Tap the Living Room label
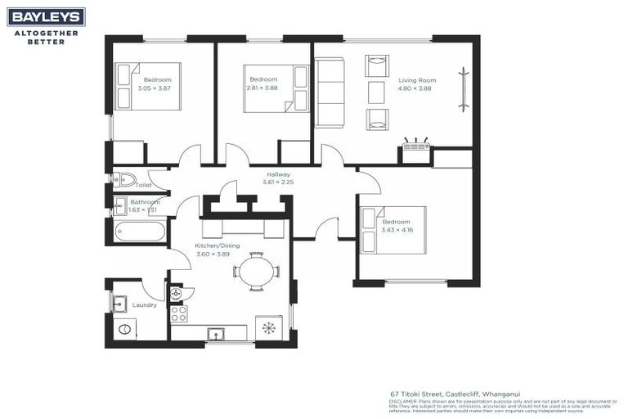(x=417, y=80)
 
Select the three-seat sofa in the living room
(x=330, y=92)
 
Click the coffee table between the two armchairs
(x=376, y=92)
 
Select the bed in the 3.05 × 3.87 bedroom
(x=147, y=86)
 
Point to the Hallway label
(x=279, y=174)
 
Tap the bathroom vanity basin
(x=120, y=205)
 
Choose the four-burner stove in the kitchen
(x=178, y=313)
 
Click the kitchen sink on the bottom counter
(x=217, y=333)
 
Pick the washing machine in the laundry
(x=124, y=329)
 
